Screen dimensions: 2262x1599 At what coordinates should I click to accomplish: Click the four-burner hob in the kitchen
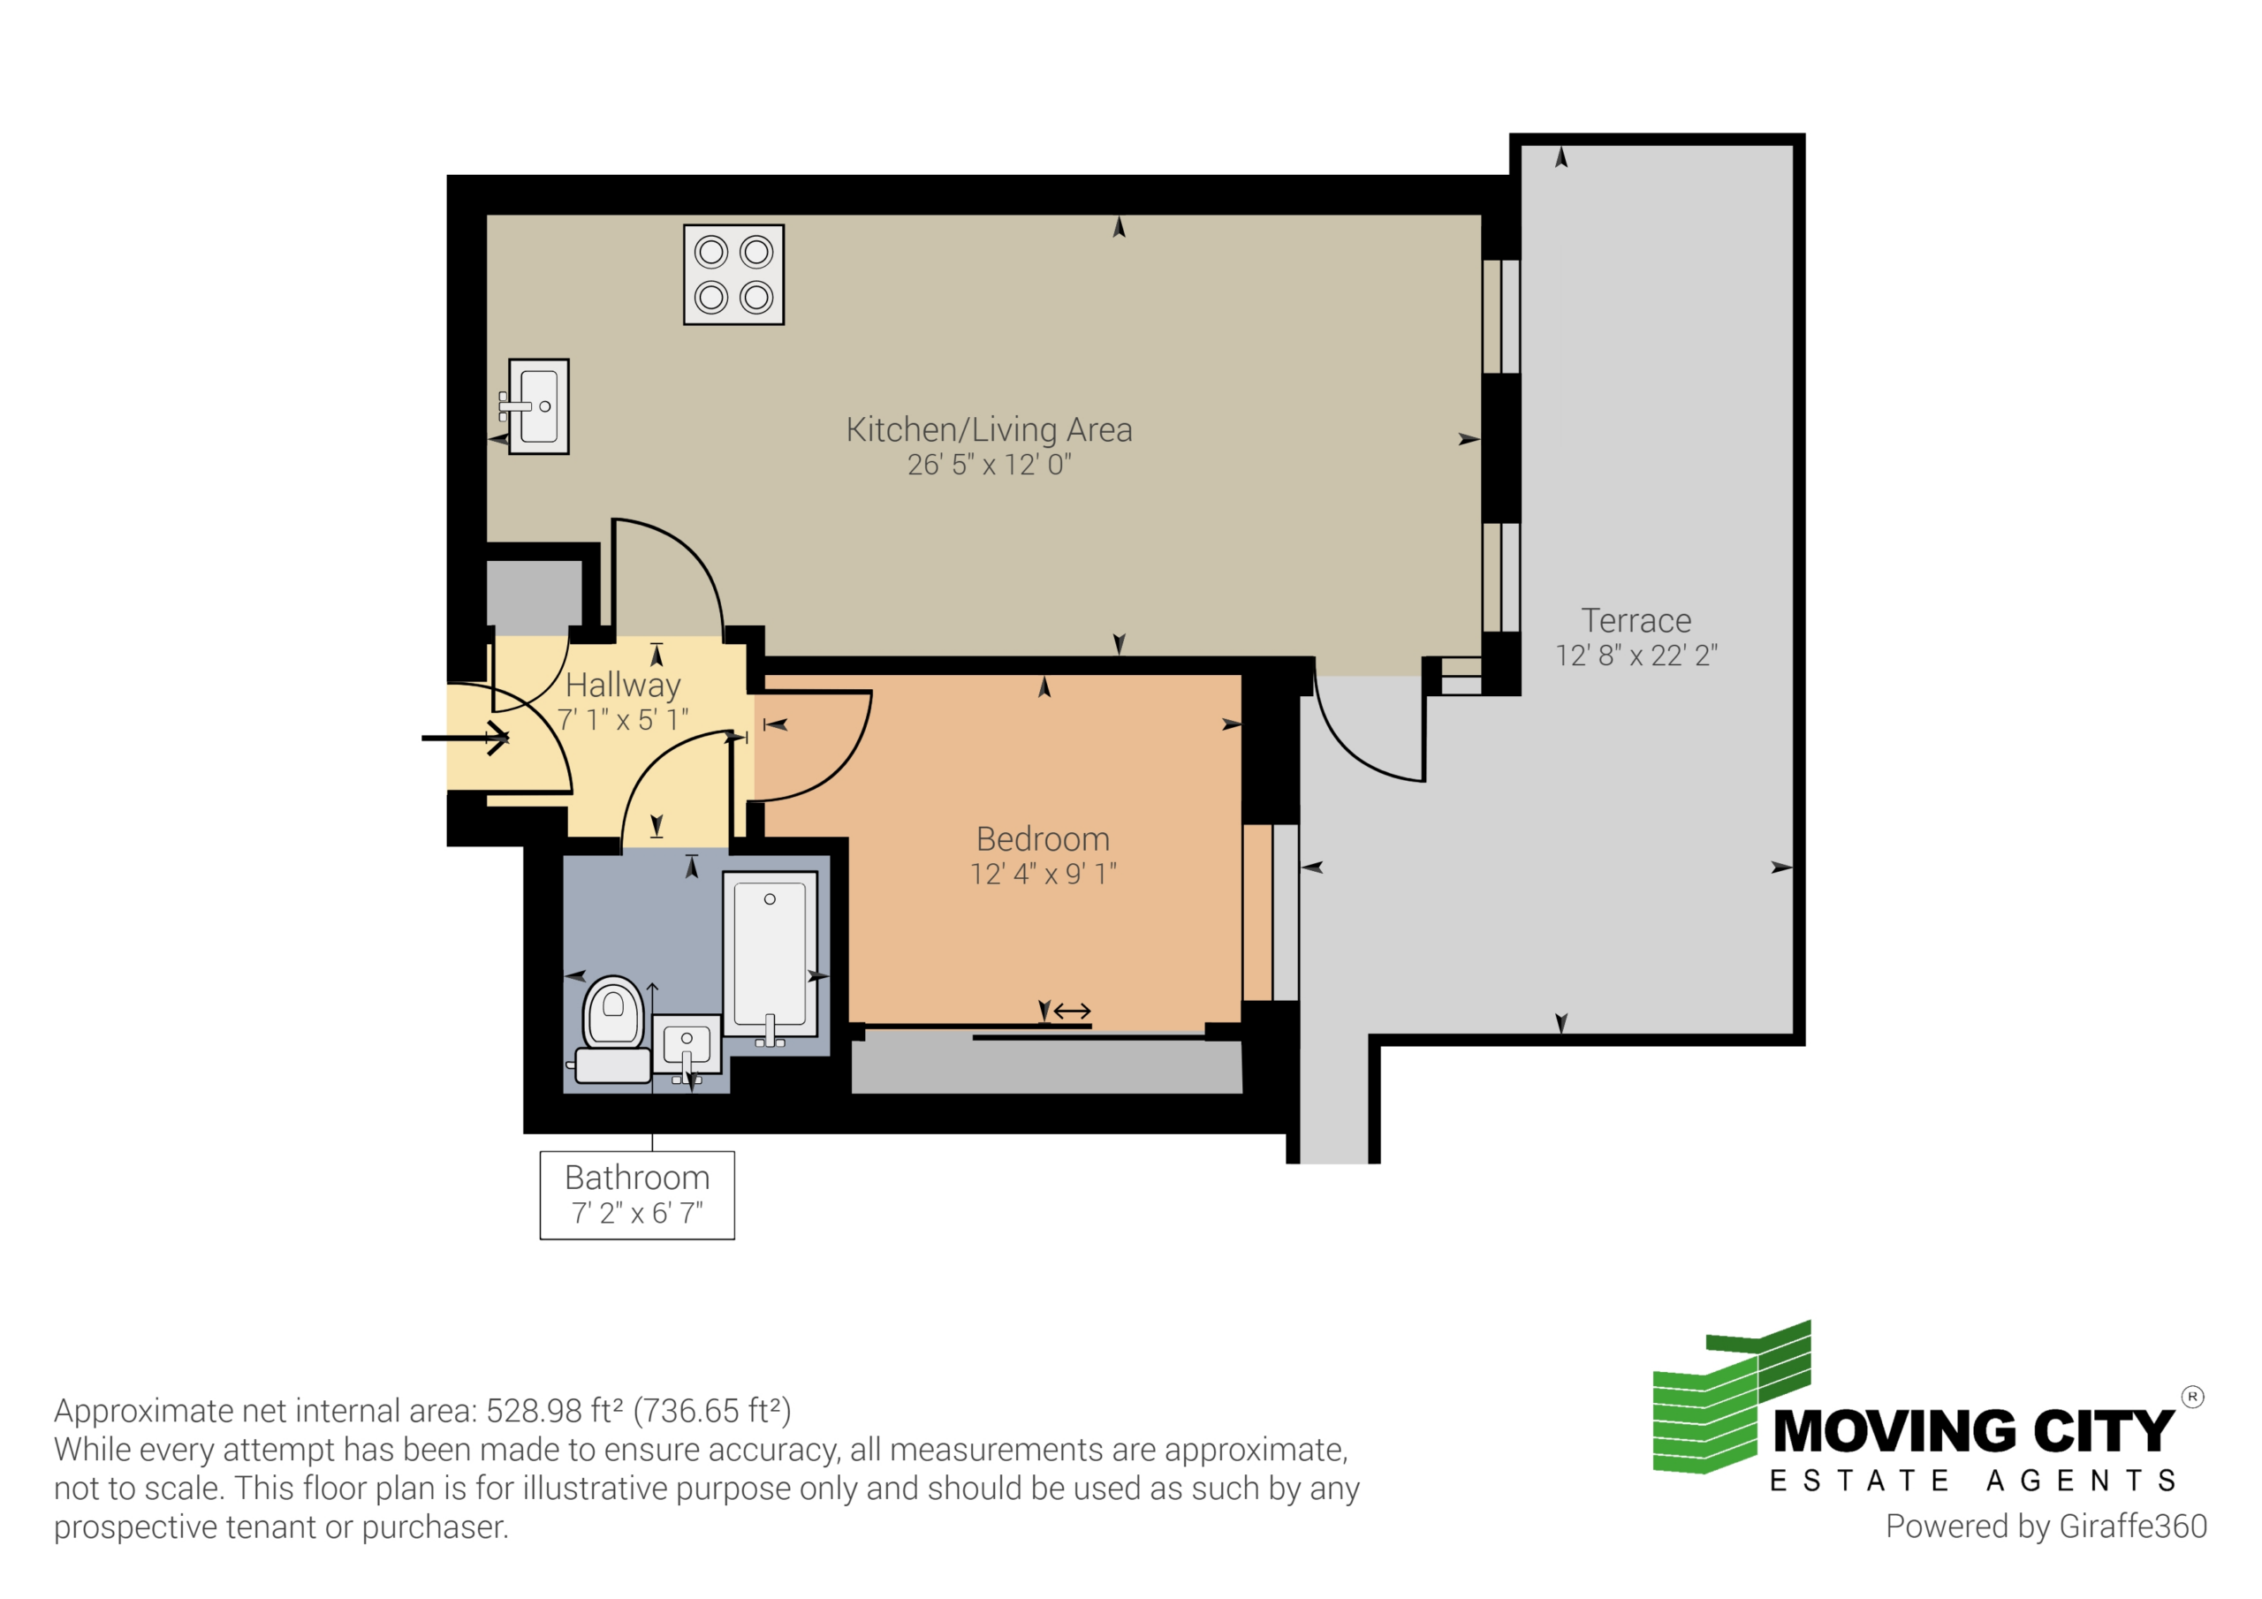tap(734, 275)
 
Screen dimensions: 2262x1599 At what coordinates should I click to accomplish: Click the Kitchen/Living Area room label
tap(989, 429)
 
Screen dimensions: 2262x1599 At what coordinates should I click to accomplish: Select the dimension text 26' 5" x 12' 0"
tap(989, 464)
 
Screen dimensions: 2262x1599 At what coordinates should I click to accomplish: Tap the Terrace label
tap(1636, 621)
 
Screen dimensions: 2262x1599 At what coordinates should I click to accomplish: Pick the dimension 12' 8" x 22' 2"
tap(1636, 656)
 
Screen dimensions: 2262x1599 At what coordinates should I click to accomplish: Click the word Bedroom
tap(1044, 839)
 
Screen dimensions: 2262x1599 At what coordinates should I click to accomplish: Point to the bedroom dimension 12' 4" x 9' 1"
tap(1044, 874)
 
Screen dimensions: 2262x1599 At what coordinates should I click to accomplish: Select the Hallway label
tap(624, 685)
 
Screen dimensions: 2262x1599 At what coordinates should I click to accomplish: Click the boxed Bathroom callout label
tap(637, 1195)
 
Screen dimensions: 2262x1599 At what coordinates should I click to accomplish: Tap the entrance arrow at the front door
tap(465, 737)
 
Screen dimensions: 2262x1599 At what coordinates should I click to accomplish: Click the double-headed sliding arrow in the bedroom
tap(1072, 1011)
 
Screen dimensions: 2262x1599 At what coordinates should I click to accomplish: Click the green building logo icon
tap(1732, 1397)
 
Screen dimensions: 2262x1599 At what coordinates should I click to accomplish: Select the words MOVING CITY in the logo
tap(1973, 1430)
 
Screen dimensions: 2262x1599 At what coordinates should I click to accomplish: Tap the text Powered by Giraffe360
tap(2046, 1526)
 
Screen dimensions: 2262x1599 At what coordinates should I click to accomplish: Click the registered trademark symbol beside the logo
tap(2193, 1397)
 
